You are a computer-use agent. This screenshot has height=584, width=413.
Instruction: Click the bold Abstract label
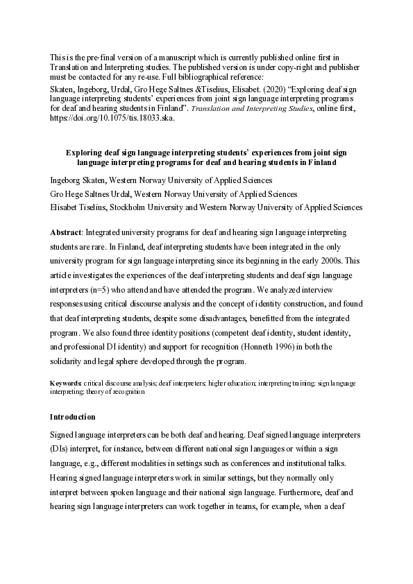tap(67, 231)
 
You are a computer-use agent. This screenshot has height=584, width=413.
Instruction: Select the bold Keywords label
tap(67, 383)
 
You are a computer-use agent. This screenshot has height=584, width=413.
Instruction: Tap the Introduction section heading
tap(73, 417)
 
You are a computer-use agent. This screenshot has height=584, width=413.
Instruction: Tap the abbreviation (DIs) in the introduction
tap(60, 448)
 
